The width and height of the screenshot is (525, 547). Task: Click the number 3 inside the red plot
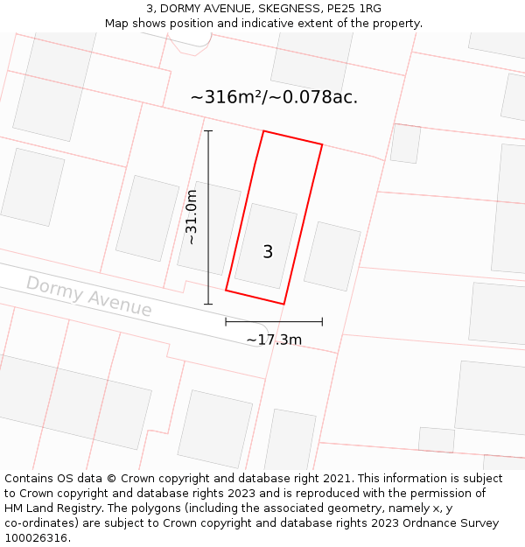268,252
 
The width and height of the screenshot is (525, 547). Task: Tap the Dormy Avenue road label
88,296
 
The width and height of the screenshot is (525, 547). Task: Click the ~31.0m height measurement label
192,217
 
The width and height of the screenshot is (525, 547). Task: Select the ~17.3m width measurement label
274,340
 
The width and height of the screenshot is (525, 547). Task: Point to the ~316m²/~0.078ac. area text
274,97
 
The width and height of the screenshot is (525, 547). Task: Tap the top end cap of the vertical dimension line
208,131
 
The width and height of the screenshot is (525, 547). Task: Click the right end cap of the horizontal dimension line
322,322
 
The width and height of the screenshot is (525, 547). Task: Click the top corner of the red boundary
263,131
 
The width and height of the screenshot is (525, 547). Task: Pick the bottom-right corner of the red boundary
283,304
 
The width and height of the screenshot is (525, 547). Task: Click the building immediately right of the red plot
332,256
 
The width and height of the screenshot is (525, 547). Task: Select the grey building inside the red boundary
265,246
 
